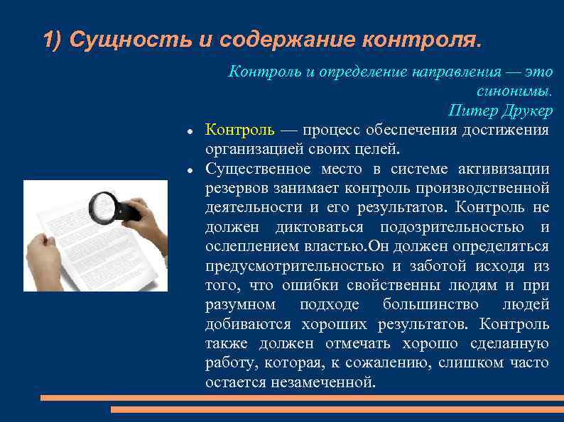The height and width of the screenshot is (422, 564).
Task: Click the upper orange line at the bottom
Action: tap(302, 398)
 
